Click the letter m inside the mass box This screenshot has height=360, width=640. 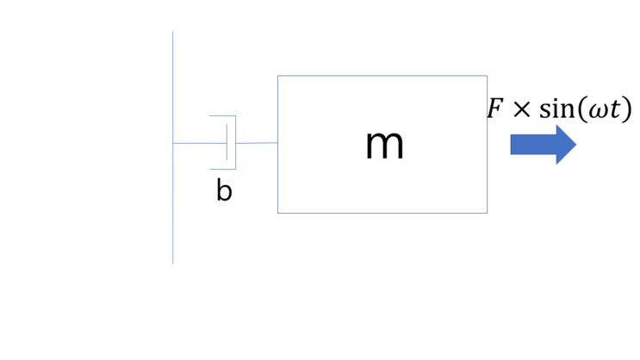click(384, 145)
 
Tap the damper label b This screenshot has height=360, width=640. click(224, 191)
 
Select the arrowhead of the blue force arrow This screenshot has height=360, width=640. click(565, 144)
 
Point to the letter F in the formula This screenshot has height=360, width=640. click(494, 109)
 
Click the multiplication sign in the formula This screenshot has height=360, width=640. click(520, 111)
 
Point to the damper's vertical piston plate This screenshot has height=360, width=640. click(227, 142)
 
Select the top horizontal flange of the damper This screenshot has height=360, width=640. click(222, 115)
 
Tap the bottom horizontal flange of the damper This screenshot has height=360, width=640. click(222, 169)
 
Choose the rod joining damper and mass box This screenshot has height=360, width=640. click(257, 143)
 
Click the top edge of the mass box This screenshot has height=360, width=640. click(382, 76)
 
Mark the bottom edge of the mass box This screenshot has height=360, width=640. click(382, 213)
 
